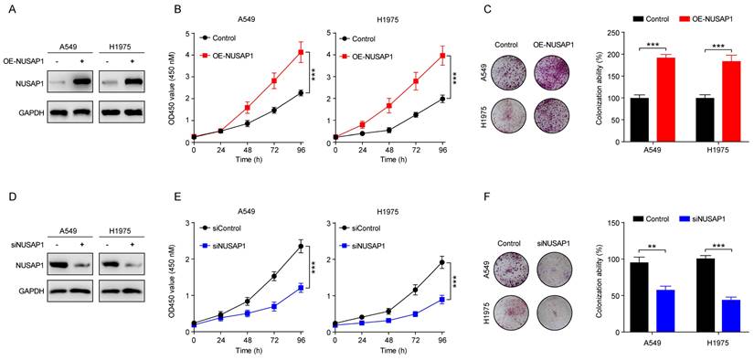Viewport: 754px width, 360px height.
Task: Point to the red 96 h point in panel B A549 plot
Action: point(300,51)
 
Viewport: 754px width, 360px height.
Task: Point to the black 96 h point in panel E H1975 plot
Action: point(441,262)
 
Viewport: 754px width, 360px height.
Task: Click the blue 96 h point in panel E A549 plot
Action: point(300,287)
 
